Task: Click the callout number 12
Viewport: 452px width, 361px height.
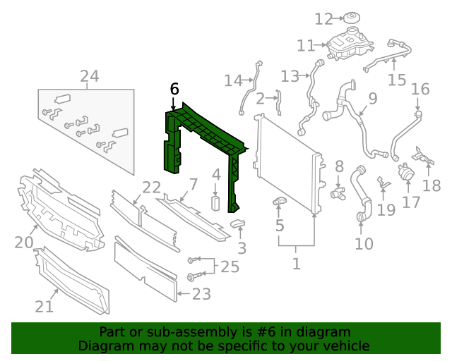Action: (323, 18)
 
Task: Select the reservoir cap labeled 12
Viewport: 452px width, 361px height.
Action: (350, 17)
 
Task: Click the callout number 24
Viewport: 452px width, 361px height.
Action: (89, 76)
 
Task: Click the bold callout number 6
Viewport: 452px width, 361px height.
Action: (174, 89)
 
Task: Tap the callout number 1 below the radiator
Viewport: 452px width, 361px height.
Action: (296, 264)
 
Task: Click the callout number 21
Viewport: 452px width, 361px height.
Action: (44, 307)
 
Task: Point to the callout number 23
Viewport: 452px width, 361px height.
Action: (201, 294)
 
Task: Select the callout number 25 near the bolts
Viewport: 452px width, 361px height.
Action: (230, 267)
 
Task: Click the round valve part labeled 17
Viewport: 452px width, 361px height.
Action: (406, 171)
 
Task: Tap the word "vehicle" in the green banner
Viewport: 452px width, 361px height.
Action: (347, 346)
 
